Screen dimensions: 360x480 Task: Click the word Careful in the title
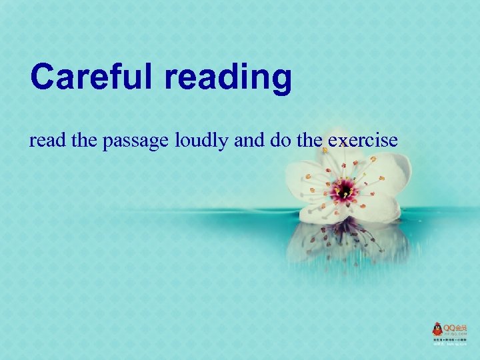click(x=88, y=77)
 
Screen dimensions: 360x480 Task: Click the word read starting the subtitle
click(x=43, y=141)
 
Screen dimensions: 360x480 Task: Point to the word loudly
click(x=201, y=141)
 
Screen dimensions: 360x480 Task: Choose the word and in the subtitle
click(x=247, y=141)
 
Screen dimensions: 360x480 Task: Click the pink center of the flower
click(x=345, y=189)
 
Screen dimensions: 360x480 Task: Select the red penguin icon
click(x=437, y=329)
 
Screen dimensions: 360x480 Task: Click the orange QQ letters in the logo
click(x=451, y=327)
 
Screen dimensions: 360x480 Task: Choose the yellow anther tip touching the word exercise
click(x=325, y=151)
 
